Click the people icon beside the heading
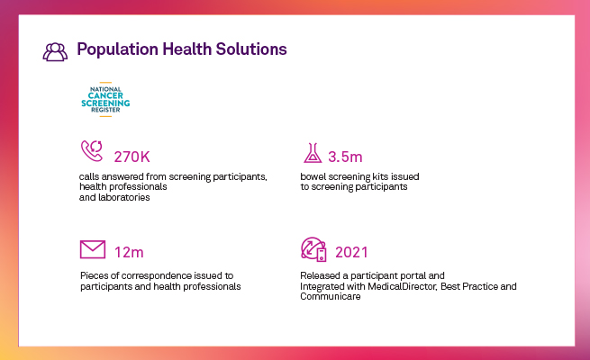coord(55,50)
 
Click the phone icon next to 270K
coord(92,150)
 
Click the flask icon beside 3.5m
coord(312,151)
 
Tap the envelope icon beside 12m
coord(92,248)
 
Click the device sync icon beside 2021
coord(312,247)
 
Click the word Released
coord(322,274)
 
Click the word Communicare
coord(330,297)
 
